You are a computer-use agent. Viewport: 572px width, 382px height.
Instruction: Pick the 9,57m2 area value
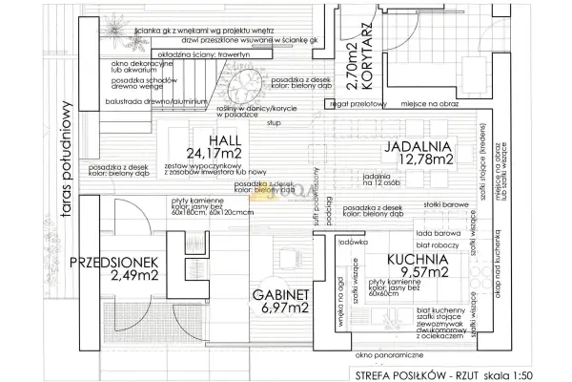[x=418, y=272]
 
